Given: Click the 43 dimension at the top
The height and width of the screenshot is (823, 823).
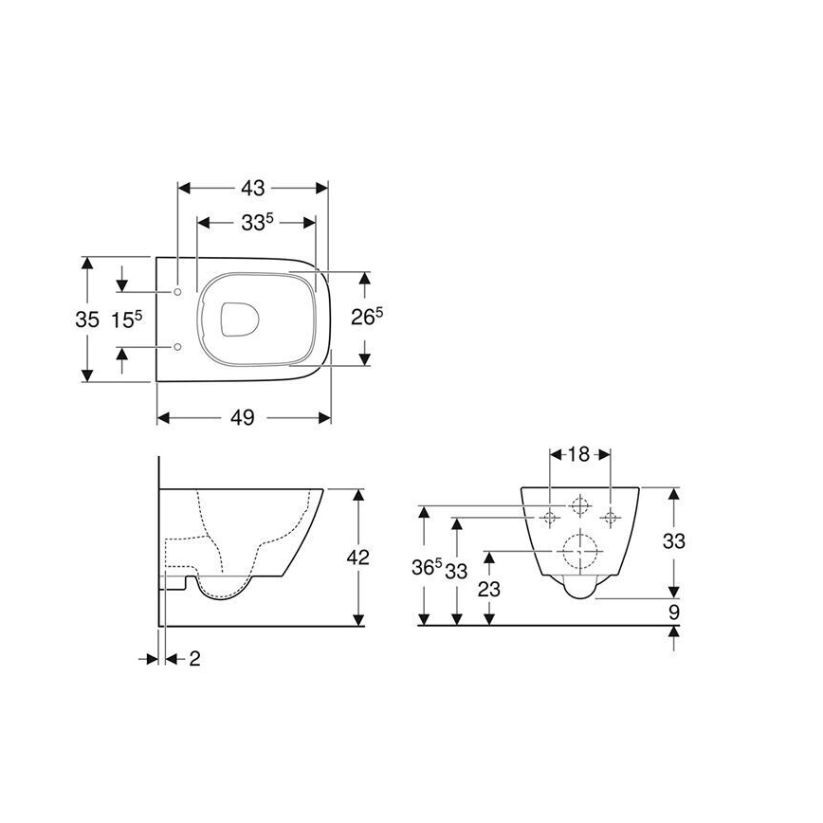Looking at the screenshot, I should [253, 187].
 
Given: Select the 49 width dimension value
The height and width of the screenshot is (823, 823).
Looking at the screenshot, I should [244, 418].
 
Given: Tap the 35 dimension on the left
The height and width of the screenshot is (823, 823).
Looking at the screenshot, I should [87, 320].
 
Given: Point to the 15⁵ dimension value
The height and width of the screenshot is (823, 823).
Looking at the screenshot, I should [125, 320].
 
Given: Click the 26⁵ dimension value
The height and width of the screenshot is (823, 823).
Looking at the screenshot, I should [367, 317].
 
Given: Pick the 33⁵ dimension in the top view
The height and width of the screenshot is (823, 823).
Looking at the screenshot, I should [256, 223].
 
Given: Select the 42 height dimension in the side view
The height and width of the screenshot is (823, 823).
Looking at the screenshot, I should [357, 557].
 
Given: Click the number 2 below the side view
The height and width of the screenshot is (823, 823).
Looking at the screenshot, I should [194, 659].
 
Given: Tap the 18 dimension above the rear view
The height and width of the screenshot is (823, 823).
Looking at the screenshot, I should [581, 453].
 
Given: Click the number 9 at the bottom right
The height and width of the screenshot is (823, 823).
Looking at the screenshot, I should [673, 612].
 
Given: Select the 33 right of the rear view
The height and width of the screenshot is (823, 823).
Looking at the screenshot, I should [673, 541].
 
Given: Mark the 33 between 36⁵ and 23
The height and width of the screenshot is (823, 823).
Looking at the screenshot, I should [458, 572].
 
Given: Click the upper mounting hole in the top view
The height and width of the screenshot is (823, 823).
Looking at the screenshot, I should [178, 291].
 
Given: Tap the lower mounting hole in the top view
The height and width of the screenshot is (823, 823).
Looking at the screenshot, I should [178, 348].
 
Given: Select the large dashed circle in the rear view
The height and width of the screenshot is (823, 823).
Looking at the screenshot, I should [580, 549].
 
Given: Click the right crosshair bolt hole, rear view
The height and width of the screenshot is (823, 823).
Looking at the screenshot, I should [611, 517].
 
